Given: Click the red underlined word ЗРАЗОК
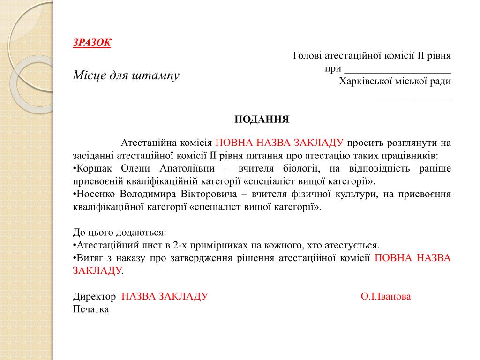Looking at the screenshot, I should click(92, 43).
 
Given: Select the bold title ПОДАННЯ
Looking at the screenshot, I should click(262, 119).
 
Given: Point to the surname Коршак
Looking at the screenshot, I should click(93, 168).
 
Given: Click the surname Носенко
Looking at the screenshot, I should click(94, 195).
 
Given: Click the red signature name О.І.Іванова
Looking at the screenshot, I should click(386, 297).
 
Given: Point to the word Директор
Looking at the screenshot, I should click(94, 297).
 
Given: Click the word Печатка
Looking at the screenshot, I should click(91, 309).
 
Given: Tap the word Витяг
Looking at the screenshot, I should click(89, 258).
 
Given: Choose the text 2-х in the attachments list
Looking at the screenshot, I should click(180, 245).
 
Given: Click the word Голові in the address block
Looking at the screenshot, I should click(307, 56).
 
